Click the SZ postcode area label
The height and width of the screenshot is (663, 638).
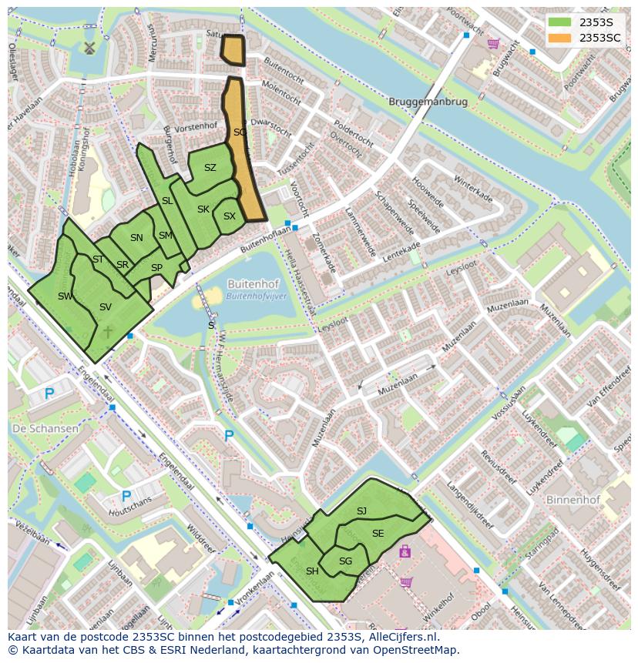point(210,168)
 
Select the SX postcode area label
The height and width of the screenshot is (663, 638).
point(229,216)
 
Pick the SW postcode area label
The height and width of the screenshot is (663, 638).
point(65,296)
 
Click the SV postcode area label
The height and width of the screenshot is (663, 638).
point(106,307)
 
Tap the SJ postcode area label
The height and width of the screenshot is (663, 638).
point(361,511)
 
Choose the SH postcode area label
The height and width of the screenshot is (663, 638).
point(312,571)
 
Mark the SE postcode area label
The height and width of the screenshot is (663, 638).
point(378,533)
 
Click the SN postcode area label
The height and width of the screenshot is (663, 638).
point(136,238)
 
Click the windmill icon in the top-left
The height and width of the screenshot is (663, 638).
point(88,48)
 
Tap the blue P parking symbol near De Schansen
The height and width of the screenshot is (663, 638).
point(49,394)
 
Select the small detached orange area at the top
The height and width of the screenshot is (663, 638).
point(232,50)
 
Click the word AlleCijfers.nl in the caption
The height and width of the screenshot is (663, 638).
point(401,637)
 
